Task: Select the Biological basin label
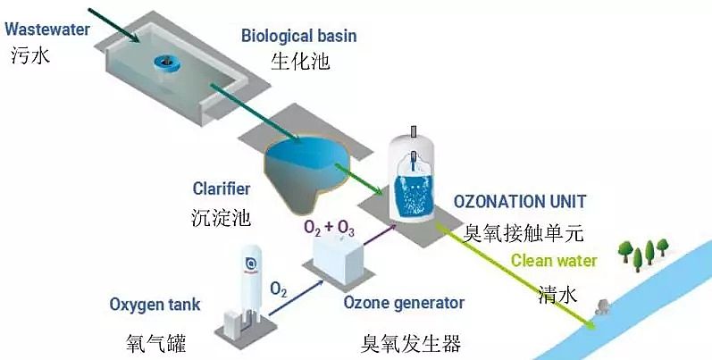(298, 36)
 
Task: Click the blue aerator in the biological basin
(167, 63)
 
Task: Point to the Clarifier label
(222, 188)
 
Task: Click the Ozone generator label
(404, 303)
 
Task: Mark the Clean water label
(557, 262)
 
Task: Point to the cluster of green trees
(643, 252)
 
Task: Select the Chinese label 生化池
(297, 63)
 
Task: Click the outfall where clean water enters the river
(601, 310)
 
